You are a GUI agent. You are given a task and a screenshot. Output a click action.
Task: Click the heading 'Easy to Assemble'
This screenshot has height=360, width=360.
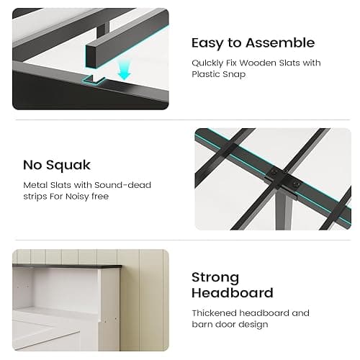coord(253,42)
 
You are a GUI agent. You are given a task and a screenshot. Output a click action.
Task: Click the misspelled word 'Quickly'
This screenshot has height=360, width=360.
coord(210,63)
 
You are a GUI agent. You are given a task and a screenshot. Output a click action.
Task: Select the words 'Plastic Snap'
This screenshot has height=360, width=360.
coord(220,75)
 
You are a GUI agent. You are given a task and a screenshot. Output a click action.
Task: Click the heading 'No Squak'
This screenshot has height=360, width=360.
coord(56,165)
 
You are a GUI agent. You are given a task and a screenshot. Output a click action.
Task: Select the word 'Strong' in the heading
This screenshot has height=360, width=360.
coord(215,277)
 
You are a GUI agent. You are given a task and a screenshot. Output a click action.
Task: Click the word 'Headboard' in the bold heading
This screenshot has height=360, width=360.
coord(232,293)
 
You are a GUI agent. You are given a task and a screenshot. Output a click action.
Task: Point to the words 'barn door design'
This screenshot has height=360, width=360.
coord(228,325)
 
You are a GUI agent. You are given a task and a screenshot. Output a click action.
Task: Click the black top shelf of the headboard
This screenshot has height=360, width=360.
coord(65,266)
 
